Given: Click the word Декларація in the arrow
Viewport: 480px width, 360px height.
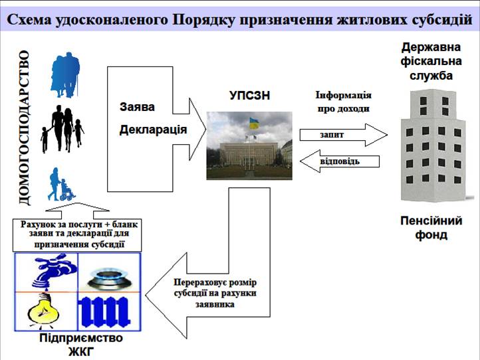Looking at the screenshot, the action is coord(153,130).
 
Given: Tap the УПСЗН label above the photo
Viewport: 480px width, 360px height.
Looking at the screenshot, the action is coord(249,96).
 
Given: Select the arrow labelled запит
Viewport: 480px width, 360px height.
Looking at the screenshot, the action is coord(344,135).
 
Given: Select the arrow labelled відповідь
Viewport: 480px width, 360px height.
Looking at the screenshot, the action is coord(340,161).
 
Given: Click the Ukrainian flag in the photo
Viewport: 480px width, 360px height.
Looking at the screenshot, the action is coord(254,124).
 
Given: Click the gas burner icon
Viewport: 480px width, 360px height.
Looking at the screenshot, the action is coord(109,278).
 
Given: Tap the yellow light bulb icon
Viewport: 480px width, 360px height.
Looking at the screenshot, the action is coord(44,311).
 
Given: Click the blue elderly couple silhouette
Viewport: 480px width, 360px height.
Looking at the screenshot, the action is coord(65,75).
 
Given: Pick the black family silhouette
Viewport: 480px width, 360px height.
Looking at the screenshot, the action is coord(62,129).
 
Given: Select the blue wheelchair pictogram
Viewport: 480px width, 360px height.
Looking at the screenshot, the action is coord(61,185).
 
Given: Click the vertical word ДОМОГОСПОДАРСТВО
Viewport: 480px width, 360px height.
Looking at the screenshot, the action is coord(25,128).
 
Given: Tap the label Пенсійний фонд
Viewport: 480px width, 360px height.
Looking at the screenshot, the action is coord(431,228).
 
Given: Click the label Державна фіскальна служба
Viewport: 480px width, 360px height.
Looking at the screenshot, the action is coord(431,62).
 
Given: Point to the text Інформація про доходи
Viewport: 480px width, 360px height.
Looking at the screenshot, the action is coord(344,102).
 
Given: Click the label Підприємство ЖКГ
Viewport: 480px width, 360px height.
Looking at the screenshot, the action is coord(81,345).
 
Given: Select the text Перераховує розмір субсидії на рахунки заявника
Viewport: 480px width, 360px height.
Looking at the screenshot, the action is coord(215,294).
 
